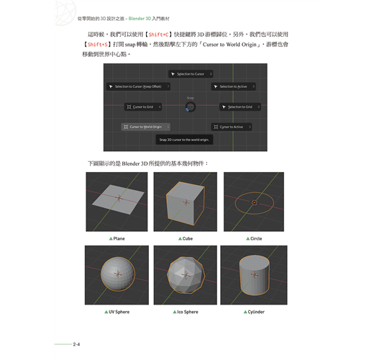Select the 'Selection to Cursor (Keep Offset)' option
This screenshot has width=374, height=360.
tap(140, 86)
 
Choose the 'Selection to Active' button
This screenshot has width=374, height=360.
tap(234, 86)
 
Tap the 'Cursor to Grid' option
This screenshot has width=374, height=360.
tap(142, 107)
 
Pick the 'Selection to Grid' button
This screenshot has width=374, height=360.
tap(237, 107)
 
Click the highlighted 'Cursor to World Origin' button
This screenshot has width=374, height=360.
tap(145, 127)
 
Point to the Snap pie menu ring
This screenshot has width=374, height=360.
tap(190, 107)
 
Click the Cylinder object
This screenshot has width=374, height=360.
tap(255, 276)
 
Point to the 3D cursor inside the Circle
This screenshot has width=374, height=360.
tap(255, 202)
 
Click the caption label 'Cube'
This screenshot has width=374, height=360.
tap(187, 238)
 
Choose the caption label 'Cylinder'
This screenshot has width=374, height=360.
tap(256, 312)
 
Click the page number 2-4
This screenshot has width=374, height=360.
tap(76, 345)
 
